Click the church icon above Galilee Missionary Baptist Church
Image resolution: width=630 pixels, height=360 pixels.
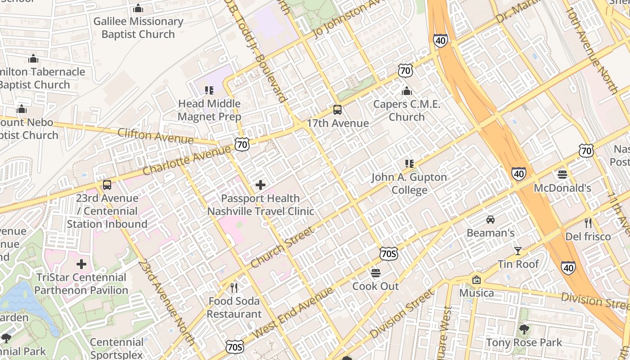[x=138, y=8]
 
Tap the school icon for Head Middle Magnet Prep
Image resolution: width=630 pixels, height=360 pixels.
[x=209, y=90]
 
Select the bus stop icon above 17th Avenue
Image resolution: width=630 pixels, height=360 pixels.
[x=337, y=109]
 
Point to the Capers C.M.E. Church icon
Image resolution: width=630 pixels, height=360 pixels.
[x=406, y=91]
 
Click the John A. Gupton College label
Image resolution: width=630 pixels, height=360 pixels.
[x=409, y=183]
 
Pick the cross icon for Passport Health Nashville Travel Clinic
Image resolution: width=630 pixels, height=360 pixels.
[x=260, y=184]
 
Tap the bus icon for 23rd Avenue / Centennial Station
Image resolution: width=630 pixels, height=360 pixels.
[x=107, y=185]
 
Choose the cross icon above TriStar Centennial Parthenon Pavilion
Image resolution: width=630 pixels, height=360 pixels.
[x=81, y=264]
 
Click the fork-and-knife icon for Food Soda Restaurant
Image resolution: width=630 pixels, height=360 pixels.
[x=234, y=288]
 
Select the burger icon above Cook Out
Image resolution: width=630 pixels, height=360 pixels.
[x=376, y=273]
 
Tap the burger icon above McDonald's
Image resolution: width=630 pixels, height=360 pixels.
[x=562, y=174]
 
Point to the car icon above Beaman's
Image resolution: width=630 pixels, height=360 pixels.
[x=490, y=220]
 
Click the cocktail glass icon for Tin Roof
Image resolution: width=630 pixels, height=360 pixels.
[x=518, y=251]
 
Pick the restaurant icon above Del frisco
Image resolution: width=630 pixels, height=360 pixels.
[x=588, y=223]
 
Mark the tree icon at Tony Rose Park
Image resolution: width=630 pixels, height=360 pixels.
[x=524, y=329]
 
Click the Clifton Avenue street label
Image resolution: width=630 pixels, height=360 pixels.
[x=155, y=136]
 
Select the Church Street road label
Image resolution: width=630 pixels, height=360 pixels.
[x=282, y=247]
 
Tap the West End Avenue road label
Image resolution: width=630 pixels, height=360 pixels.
[x=293, y=312]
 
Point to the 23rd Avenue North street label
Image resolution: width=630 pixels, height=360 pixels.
[x=166, y=302]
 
